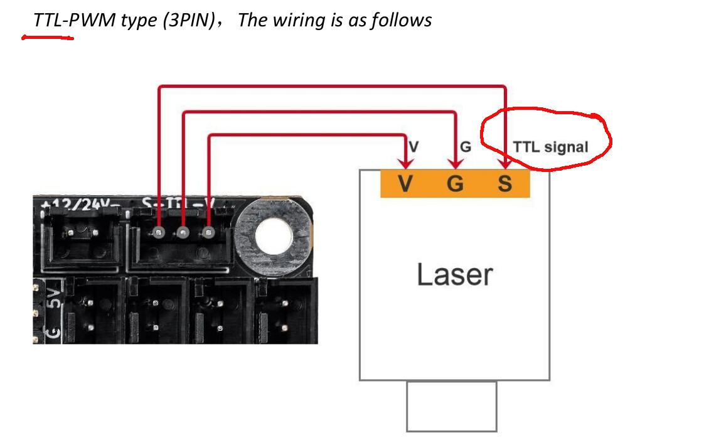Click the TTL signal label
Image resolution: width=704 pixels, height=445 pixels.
coord(550,147)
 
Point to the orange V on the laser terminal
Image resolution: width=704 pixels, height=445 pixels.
coord(405,185)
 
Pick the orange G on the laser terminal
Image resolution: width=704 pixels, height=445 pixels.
coord(456,185)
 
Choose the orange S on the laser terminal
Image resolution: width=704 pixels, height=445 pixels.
coord(504,185)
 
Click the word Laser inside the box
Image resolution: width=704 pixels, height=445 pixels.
coord(455,275)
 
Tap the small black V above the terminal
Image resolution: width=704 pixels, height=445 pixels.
coord(413,147)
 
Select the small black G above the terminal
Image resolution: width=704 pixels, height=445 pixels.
coord(465,147)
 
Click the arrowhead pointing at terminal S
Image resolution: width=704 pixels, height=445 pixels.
coord(506,164)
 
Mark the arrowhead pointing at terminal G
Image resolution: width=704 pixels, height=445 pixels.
coord(456,164)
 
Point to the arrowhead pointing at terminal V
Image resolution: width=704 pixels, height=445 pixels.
coord(406,164)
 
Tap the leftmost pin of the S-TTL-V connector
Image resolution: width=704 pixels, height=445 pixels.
coord(159,233)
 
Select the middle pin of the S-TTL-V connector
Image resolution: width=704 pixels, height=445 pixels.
coord(183,233)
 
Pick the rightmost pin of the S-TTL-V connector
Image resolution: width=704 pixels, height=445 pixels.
coord(208,233)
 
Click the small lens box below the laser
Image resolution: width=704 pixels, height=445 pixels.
coord(451,406)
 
